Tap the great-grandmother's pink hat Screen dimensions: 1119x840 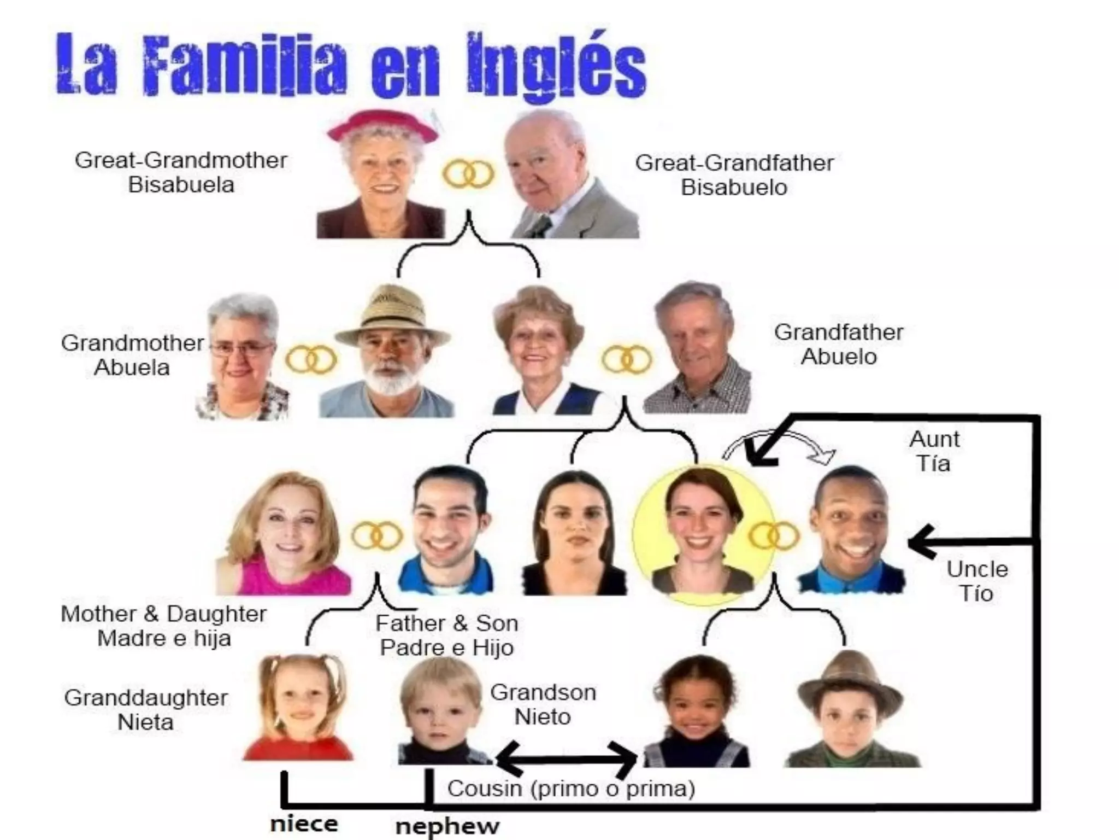coord(382,125)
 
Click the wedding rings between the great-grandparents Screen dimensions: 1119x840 coord(468,174)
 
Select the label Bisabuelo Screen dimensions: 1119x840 coord(733,188)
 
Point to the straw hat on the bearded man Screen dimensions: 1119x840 coord(393,314)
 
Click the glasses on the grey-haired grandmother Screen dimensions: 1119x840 coord(241,349)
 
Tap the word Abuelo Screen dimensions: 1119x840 coord(839,357)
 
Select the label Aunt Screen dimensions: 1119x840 coord(934,439)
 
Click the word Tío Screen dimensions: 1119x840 coord(976,593)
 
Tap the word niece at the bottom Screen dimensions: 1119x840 coord(304,824)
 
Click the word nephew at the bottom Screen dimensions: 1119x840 coord(447,826)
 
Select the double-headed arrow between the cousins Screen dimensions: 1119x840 coord(566,759)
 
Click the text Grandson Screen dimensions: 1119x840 coord(543,693)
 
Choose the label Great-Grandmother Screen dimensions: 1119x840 coord(181,160)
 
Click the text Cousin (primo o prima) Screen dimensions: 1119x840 coord(571,789)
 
